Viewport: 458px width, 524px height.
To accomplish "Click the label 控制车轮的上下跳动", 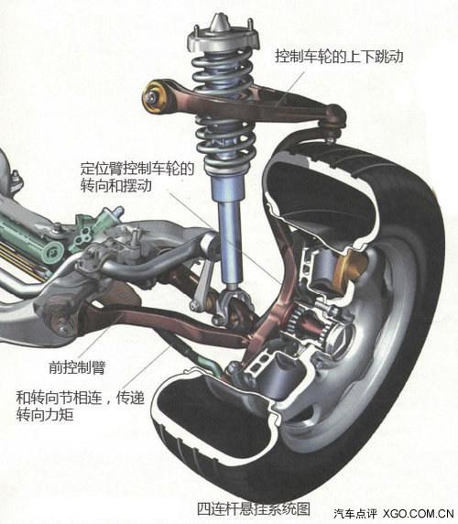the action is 339,56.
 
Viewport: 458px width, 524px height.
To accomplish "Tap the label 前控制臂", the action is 77,367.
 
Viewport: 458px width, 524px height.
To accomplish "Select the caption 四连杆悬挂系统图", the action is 253,509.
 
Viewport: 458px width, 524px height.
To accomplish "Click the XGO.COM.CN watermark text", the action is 418,513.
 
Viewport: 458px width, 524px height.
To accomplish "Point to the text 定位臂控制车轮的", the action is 137,169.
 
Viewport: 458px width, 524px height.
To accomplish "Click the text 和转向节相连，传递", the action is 81,398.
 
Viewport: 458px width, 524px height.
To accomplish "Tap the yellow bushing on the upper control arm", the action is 155,97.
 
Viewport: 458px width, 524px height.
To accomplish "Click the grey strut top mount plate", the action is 224,39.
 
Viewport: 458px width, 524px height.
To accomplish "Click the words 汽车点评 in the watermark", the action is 354,513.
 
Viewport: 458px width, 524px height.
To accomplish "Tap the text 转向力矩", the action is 45,415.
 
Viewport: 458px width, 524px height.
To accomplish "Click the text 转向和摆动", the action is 115,185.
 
